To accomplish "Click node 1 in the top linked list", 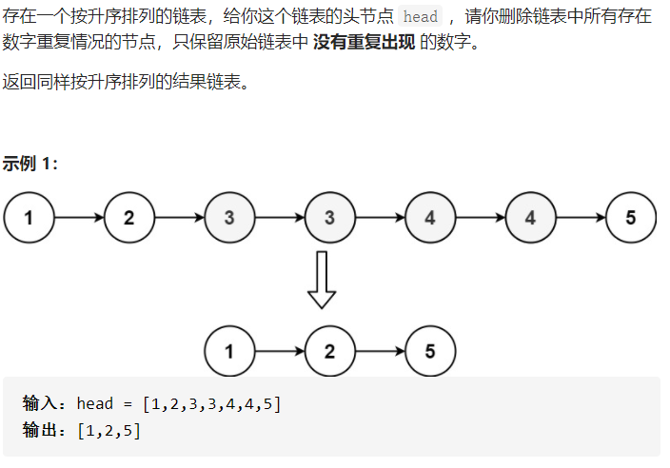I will [29, 217].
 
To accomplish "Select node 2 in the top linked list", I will [129, 217].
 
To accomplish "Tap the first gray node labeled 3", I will [229, 217].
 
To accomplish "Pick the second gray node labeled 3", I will [329, 217].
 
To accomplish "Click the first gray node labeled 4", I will [430, 217].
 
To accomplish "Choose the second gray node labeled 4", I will [530, 217].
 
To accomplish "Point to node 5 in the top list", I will [630, 217].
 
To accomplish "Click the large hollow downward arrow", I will [323, 279].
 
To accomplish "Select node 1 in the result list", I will [229, 351].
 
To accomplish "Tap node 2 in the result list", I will [329, 351].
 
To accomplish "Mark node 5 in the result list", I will [430, 351].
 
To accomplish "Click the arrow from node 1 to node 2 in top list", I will [79, 217].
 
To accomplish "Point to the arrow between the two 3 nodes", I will [280, 217].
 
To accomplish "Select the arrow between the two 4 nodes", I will [481, 217].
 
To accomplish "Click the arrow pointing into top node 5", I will [581, 217].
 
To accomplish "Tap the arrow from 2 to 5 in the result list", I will [380, 351].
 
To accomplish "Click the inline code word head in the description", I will [420, 18].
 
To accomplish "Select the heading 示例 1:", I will [30, 164].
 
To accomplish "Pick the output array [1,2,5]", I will [109, 431].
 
